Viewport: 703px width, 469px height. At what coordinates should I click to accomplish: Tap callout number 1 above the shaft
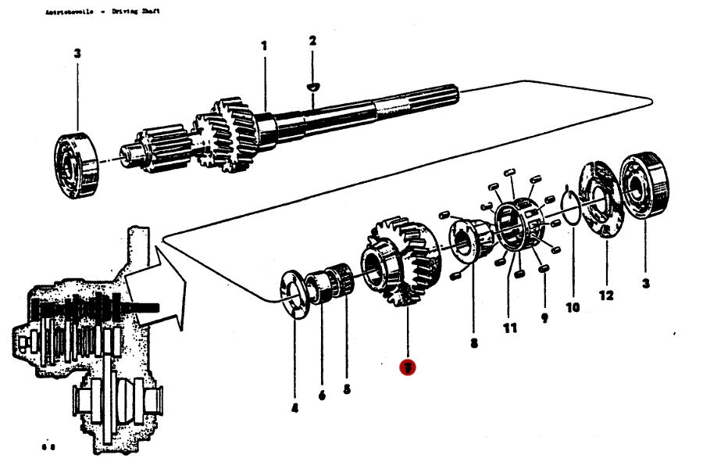click(x=264, y=46)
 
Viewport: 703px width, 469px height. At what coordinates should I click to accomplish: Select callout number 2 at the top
click(x=312, y=41)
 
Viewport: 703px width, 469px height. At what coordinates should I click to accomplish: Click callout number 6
click(x=321, y=396)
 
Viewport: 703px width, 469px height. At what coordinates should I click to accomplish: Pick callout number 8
click(x=474, y=342)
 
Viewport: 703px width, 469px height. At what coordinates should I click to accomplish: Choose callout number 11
click(x=510, y=328)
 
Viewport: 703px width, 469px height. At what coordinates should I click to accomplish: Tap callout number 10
click(x=573, y=307)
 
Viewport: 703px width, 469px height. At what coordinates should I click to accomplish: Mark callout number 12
click(x=607, y=295)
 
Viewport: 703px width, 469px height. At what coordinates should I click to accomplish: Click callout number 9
click(x=544, y=318)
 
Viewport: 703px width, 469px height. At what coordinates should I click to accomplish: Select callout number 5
click(x=348, y=388)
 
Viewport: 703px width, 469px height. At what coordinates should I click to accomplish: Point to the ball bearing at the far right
click(x=645, y=188)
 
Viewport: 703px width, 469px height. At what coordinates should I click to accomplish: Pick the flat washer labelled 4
click(x=295, y=293)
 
